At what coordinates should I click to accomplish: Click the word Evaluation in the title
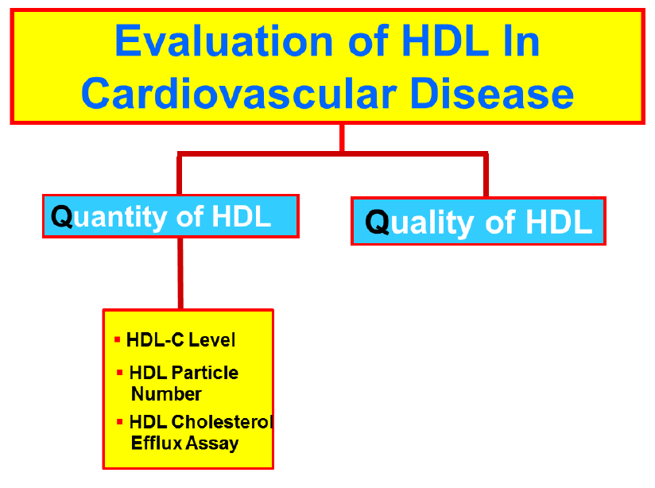point(224,41)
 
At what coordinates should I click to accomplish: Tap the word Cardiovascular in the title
point(238,93)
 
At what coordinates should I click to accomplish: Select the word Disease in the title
point(492,93)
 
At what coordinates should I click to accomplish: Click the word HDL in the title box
point(444,41)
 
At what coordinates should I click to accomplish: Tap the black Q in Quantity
point(62,216)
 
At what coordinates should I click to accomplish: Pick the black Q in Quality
point(378,222)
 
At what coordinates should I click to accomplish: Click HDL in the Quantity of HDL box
point(242,216)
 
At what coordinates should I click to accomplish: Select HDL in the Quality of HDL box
point(559,222)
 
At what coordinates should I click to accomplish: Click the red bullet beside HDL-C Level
point(118,339)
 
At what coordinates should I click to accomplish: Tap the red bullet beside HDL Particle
point(119,372)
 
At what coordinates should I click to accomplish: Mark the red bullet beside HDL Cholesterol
point(119,422)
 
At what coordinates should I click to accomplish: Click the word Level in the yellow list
point(211,339)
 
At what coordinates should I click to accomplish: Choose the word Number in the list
point(166,393)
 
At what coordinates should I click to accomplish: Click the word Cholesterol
point(223,422)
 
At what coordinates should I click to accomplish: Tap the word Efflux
point(157,443)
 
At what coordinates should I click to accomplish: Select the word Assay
point(211,443)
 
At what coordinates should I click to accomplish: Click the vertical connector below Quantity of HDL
point(180,273)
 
